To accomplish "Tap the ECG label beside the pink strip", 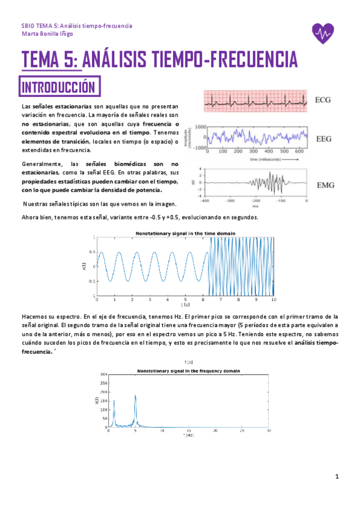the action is point(325,100).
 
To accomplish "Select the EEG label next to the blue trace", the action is point(325,138).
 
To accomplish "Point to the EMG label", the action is point(325,184).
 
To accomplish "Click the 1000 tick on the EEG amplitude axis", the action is point(200,127).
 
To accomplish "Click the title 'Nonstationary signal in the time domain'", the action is point(185,233).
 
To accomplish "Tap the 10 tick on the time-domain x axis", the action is point(273,299).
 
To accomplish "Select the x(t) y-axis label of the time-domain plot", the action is point(85,265).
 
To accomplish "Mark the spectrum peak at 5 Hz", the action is point(135,396).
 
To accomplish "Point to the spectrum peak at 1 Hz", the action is point(114,401).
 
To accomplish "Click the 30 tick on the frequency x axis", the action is point(268,431).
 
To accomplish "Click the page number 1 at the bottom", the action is point(338,477).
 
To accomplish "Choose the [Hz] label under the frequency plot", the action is point(188,435).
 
